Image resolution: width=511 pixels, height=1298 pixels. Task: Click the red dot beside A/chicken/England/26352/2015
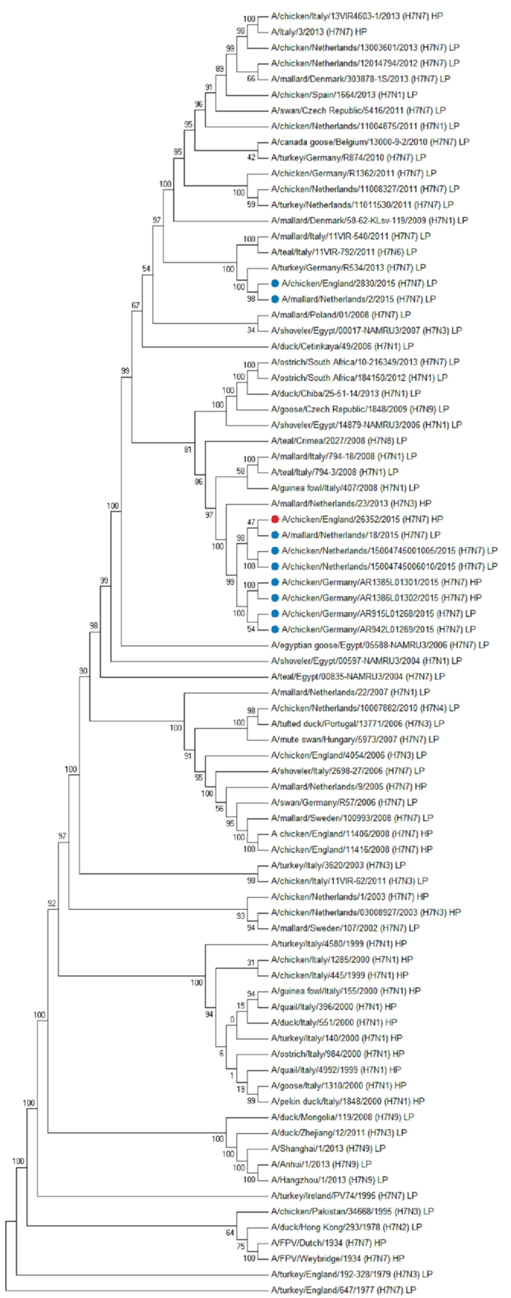[275, 519]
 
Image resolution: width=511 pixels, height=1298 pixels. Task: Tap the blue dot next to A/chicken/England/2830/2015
[275, 283]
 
